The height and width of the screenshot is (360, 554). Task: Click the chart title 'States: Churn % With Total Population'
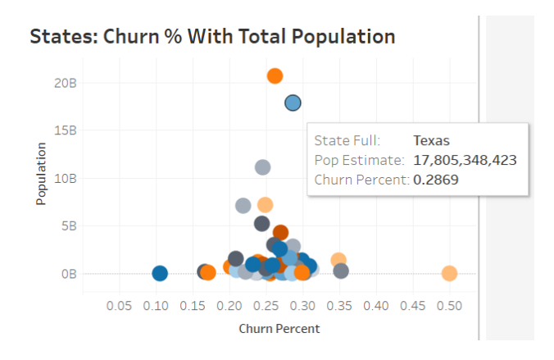(212, 37)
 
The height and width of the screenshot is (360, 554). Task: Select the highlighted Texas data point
(293, 103)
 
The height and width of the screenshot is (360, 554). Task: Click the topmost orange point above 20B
(275, 75)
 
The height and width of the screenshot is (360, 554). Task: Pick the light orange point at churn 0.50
(449, 273)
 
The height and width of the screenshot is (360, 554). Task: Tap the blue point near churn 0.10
(160, 273)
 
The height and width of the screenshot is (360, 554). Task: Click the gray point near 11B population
(262, 167)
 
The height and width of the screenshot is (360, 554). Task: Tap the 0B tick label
(68, 273)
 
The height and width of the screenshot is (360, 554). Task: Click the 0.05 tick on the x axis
(120, 305)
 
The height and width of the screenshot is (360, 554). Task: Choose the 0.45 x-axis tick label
(412, 305)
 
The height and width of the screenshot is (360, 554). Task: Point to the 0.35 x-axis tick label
(339, 305)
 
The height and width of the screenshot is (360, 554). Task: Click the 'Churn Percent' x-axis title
(279, 328)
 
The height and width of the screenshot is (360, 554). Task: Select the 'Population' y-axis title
(41, 174)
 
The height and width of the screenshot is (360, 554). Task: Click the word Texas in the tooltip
(431, 141)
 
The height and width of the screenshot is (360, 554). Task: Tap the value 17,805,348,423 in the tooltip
(465, 160)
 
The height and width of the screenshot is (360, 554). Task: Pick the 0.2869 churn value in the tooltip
(435, 179)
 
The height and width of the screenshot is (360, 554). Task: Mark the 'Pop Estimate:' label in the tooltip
(359, 160)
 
